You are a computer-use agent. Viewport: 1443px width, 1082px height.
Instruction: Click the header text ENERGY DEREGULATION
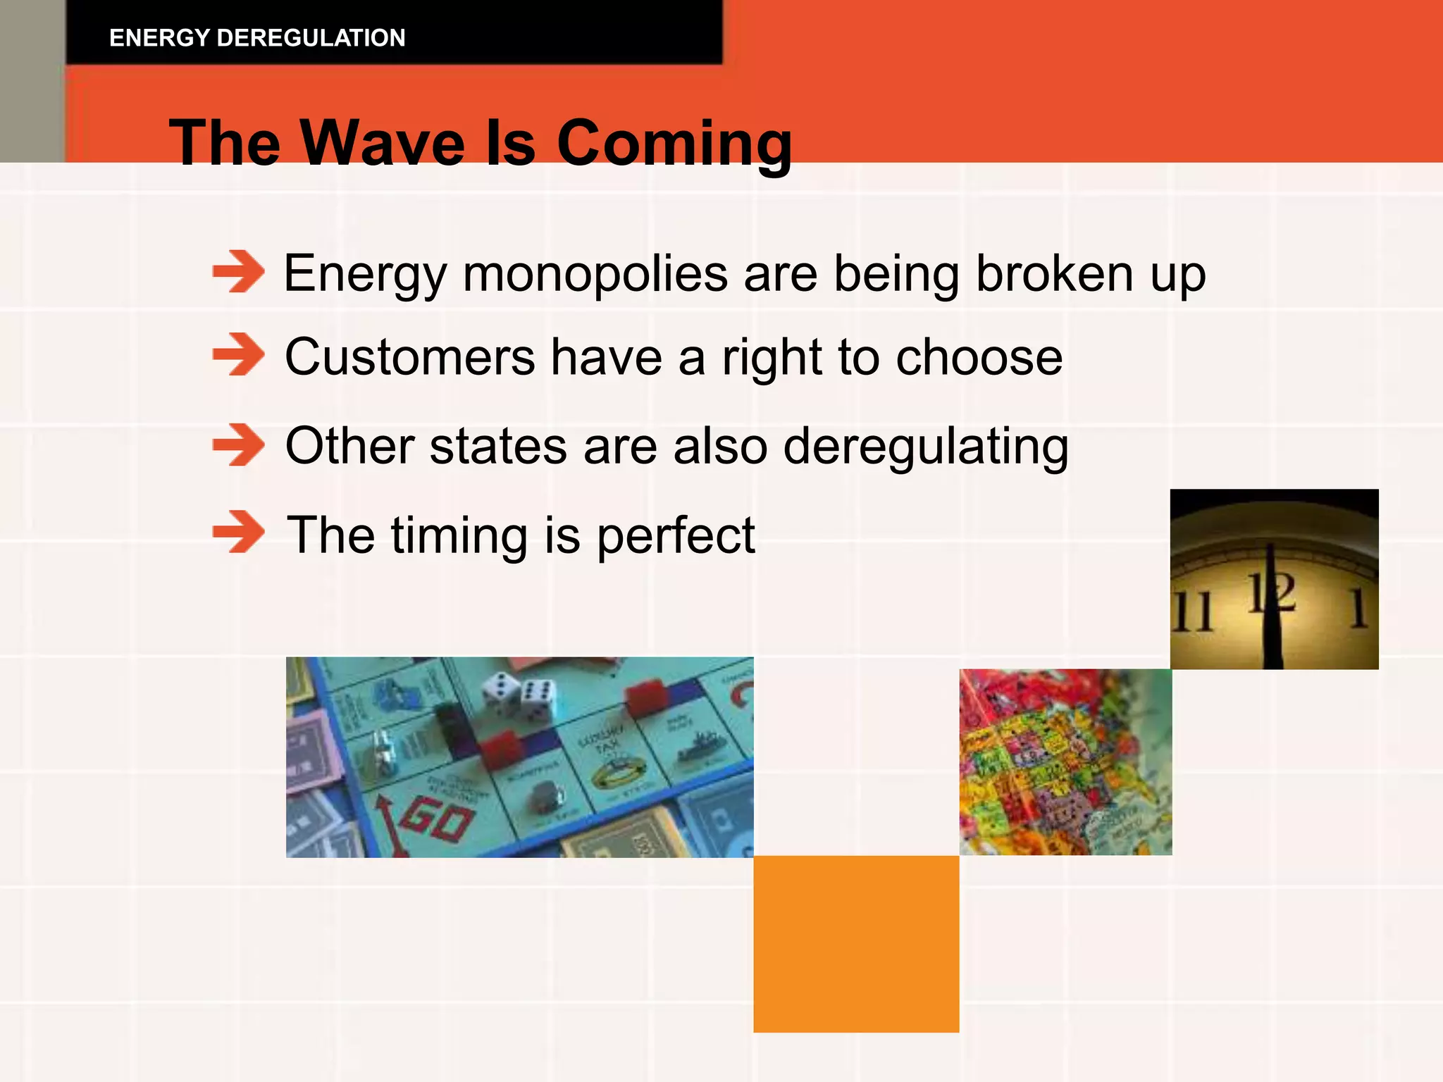(x=257, y=38)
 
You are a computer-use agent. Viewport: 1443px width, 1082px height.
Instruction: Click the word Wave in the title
(x=383, y=144)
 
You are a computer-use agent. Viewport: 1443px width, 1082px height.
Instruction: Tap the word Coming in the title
(x=674, y=144)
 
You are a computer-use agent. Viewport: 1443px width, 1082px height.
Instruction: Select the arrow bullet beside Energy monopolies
(x=238, y=272)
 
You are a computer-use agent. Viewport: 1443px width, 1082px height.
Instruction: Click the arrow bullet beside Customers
(x=238, y=355)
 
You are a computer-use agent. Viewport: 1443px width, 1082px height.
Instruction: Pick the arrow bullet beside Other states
(x=238, y=445)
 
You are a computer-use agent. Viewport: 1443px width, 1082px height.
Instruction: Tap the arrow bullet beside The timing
(x=238, y=533)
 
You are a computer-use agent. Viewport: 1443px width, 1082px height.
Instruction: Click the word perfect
(x=676, y=537)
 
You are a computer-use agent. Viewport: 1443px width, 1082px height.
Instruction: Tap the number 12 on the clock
(x=1272, y=593)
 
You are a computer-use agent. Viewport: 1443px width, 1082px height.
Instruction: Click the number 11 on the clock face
(x=1192, y=611)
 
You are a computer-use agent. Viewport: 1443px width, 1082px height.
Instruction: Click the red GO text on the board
(x=437, y=821)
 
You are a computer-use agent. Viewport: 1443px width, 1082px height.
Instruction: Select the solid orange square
(x=856, y=944)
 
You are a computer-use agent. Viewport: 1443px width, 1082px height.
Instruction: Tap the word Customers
(x=409, y=358)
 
